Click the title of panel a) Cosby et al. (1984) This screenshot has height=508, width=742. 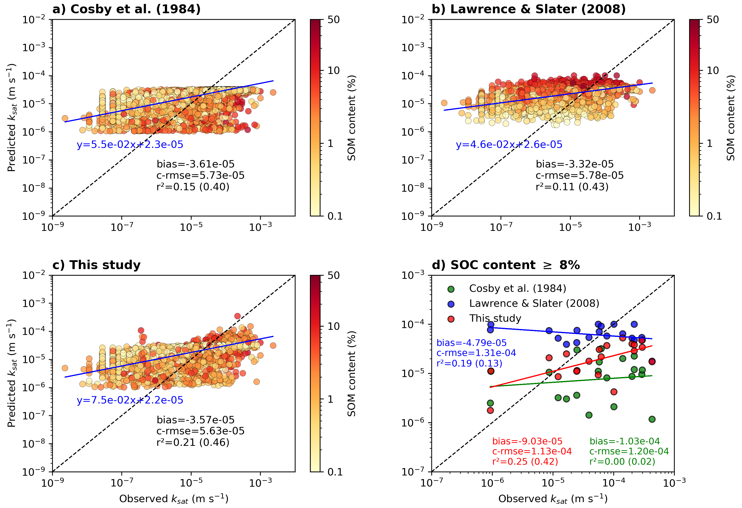click(x=126, y=10)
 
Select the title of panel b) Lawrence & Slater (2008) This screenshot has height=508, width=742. click(x=528, y=10)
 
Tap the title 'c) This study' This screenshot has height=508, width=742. click(x=96, y=265)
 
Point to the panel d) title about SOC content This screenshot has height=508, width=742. click(x=505, y=265)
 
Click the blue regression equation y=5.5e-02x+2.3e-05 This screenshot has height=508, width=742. click(x=130, y=145)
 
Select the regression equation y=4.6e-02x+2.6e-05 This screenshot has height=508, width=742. click(x=509, y=145)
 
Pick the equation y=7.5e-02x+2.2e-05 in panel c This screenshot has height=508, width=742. click(x=130, y=400)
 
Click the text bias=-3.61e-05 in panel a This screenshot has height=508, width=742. click(x=195, y=164)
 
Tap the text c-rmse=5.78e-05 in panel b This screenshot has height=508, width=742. click(x=580, y=175)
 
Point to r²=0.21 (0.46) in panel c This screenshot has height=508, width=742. click(x=193, y=442)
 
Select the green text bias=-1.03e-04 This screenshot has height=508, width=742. click(x=625, y=441)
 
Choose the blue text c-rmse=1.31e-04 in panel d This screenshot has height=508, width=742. click(x=476, y=353)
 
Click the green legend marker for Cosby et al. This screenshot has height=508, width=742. click(x=451, y=289)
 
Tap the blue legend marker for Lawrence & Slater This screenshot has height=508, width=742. click(x=451, y=304)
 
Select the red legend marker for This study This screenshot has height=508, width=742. click(x=451, y=319)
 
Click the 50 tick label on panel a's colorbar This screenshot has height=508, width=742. click(x=333, y=20)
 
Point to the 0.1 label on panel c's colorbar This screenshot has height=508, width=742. click(x=335, y=472)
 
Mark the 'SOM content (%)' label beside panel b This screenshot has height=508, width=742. click(x=731, y=118)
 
